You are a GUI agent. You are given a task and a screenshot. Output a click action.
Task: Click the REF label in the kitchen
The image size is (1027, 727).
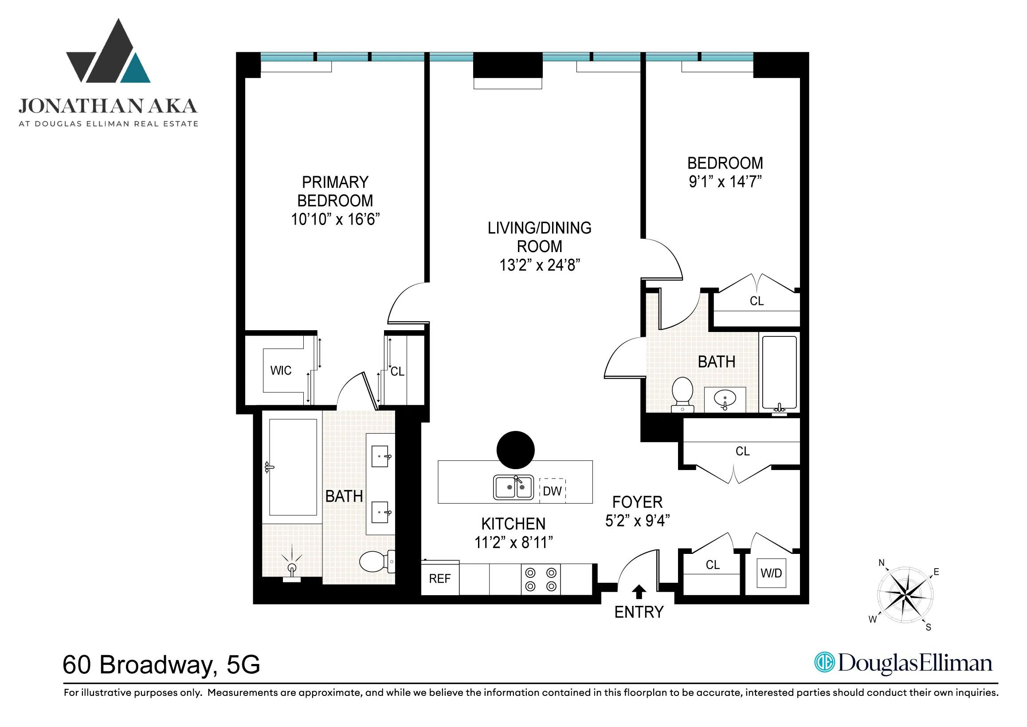click(439, 579)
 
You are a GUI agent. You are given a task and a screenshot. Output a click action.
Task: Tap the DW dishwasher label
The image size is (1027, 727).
click(553, 491)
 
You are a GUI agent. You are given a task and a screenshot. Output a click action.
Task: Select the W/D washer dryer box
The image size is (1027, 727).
click(771, 573)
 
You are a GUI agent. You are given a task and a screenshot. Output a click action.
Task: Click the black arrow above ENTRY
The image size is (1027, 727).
click(639, 592)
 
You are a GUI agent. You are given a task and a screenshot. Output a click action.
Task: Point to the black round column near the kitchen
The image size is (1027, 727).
click(515, 450)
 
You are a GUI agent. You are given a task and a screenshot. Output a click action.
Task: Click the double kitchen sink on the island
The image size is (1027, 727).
click(513, 487)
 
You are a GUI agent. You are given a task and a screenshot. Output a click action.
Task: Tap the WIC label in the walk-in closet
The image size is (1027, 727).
click(281, 371)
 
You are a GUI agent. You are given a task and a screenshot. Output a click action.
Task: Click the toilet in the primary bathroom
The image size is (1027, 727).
click(375, 561)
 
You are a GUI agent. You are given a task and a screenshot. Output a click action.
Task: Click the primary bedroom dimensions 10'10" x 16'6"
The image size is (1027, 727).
click(336, 219)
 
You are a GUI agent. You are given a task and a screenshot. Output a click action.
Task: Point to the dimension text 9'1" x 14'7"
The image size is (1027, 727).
click(725, 182)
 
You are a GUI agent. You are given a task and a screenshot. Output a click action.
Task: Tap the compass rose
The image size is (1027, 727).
click(905, 595)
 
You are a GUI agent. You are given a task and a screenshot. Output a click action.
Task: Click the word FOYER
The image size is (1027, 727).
click(637, 502)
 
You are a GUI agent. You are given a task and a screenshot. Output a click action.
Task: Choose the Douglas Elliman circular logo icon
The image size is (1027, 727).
click(824, 662)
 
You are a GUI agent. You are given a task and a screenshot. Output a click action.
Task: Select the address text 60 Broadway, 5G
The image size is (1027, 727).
click(161, 664)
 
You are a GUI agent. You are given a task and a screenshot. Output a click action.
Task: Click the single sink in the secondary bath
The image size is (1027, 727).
click(725, 398)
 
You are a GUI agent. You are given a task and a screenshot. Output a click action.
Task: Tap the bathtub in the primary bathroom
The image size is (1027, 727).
click(293, 467)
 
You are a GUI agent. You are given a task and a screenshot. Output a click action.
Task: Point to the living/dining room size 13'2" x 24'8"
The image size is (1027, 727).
click(540, 265)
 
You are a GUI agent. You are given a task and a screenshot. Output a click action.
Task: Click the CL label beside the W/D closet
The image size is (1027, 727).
click(713, 565)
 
